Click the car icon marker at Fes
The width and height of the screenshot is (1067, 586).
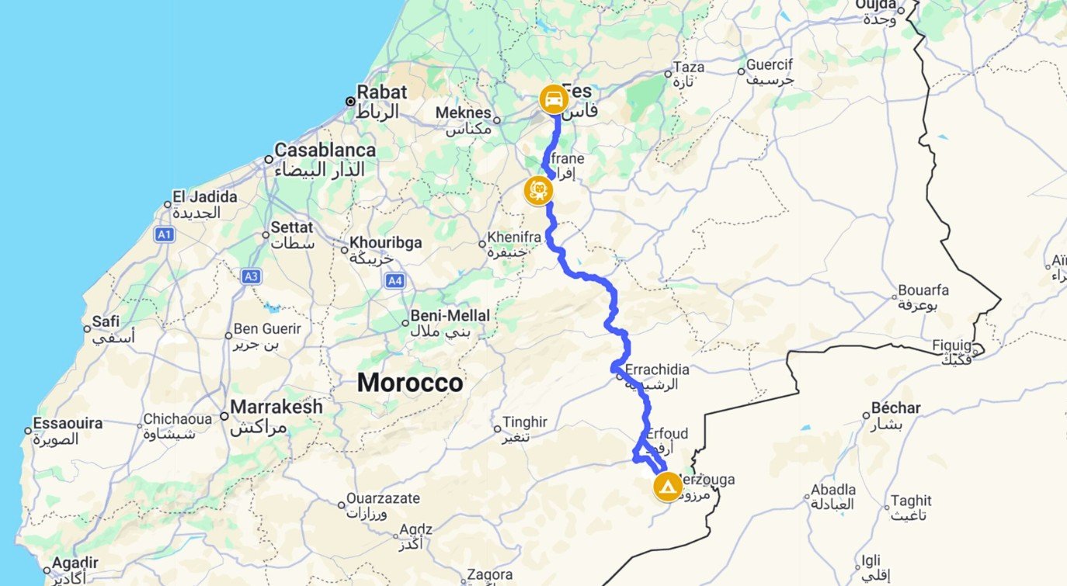(554, 99)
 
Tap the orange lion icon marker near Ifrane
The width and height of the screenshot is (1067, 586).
(537, 190)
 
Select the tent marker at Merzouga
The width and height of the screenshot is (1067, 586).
(667, 487)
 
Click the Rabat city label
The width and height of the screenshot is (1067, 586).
(381, 92)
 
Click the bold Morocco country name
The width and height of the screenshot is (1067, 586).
(410, 383)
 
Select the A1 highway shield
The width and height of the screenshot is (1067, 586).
(164, 234)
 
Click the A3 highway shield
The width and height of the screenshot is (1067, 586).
(251, 276)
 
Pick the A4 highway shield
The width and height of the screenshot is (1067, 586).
(394, 281)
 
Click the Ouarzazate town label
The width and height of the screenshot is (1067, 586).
(383, 498)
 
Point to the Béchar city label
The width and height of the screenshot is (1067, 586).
(896, 408)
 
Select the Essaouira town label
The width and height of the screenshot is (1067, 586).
(68, 424)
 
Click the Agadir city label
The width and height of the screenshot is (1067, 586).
(75, 563)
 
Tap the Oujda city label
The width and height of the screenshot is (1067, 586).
(875, 5)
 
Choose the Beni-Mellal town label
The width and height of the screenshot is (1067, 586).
(451, 316)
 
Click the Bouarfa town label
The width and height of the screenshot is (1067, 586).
(923, 291)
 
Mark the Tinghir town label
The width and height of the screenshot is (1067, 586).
(526, 422)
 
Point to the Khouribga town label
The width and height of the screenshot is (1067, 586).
(386, 243)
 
